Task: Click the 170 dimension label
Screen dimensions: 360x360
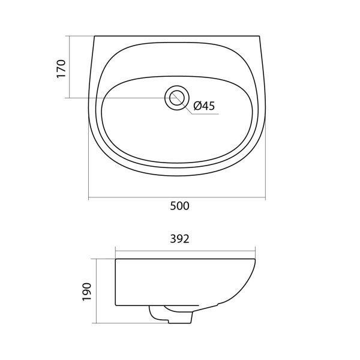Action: pos(61,69)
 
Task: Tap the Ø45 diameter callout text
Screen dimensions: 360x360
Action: pos(204,106)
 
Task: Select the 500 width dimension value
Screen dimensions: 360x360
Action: pos(180,206)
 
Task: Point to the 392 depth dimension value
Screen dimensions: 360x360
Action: pos(180,239)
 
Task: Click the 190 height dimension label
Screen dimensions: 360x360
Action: pos(87,292)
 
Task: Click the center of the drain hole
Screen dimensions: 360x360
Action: pos(177,98)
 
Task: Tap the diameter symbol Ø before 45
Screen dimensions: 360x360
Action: pos(197,106)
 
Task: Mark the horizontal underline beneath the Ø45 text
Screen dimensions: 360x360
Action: pos(205,114)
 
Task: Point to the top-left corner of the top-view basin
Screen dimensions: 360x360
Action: pos(94,36)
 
